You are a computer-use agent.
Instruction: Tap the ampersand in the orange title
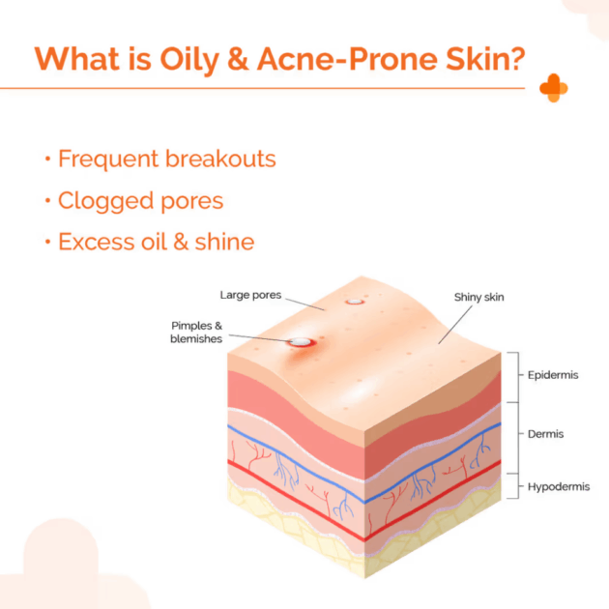tap(238, 59)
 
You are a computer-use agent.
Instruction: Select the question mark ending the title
tap(516, 59)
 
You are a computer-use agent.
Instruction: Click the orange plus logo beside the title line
tap(554, 88)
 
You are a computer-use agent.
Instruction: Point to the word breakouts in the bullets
tap(220, 159)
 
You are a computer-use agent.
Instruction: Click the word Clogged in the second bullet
tap(106, 201)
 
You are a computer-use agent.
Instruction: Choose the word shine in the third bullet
tap(224, 242)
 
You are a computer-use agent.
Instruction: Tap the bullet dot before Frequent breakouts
tap(47, 159)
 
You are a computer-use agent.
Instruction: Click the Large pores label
tap(250, 295)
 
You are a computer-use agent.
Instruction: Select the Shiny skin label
tap(478, 297)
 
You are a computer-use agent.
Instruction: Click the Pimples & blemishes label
tap(196, 333)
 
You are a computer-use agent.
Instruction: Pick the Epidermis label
tap(553, 375)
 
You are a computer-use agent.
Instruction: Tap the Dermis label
tap(545, 434)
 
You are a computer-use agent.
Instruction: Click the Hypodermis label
tap(559, 486)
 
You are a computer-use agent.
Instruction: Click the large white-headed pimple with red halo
tap(301, 342)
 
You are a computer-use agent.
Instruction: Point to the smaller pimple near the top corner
tap(354, 302)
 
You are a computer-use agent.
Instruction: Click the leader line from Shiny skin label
tap(455, 325)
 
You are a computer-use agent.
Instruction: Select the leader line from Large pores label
tap(304, 304)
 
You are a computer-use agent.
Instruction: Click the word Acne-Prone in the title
tap(347, 59)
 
